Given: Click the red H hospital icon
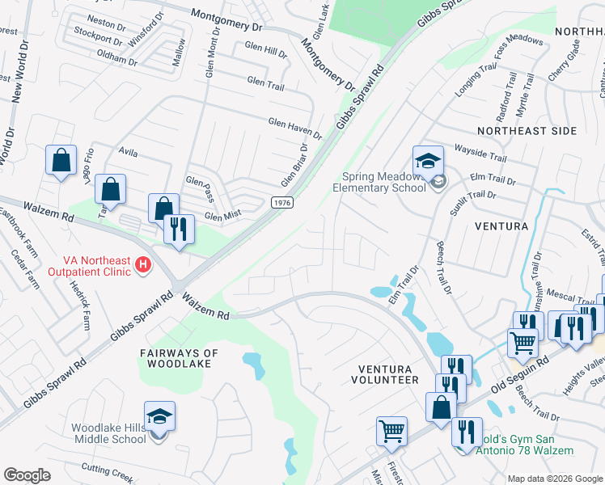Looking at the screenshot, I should pos(143,264).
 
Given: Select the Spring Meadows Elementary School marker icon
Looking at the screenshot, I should pos(428,163).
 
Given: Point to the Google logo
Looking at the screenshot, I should pos(26,475).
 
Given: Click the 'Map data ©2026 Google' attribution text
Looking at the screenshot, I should pos(554,479).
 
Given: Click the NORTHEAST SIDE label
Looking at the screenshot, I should pos(527,130).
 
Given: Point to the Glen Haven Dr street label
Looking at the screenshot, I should pos(294,127).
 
